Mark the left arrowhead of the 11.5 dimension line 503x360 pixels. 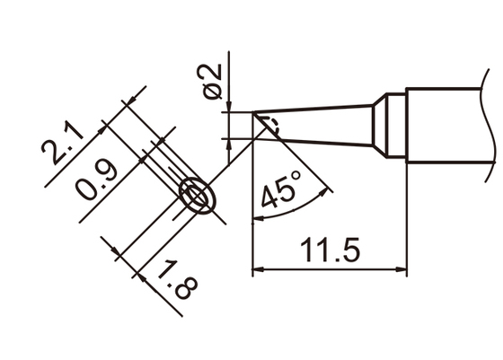(x=260, y=268)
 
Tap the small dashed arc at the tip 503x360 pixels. (x=273, y=127)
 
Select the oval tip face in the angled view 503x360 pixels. (x=199, y=196)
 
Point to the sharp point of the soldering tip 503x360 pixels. (x=254, y=113)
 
